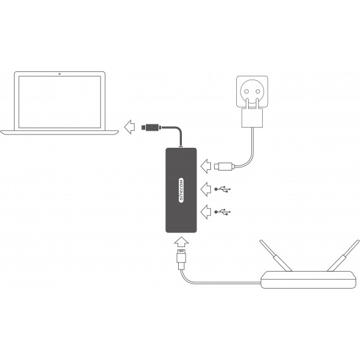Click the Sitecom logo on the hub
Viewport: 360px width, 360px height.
click(181, 190)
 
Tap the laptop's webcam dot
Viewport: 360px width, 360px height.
click(60, 74)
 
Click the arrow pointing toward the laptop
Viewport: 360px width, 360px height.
click(129, 127)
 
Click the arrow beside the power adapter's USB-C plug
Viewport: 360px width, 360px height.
click(206, 166)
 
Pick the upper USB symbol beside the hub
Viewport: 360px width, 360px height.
click(222, 189)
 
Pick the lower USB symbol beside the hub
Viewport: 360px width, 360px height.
click(222, 212)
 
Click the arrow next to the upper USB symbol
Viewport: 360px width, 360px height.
click(206, 189)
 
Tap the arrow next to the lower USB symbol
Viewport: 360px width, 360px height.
click(206, 212)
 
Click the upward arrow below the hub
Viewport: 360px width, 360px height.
click(181, 242)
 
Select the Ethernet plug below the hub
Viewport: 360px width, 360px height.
click(181, 258)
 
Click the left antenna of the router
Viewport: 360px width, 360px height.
click(275, 256)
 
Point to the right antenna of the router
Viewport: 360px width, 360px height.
click(343, 256)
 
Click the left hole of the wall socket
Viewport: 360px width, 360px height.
click(246, 92)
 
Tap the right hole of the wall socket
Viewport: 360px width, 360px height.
click(258, 92)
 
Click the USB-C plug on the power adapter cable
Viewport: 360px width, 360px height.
click(224, 166)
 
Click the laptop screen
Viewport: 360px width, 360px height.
click(60, 102)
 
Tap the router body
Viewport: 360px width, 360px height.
click(308, 280)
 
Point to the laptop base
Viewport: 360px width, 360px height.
click(59, 133)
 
